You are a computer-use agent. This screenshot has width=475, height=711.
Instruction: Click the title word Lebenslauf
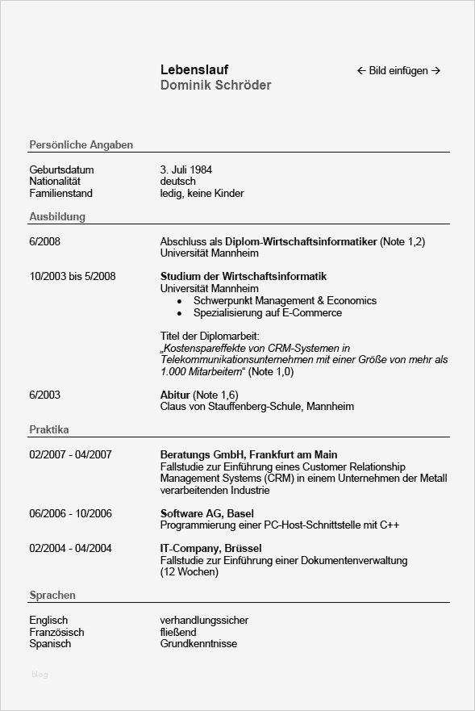coord(194,70)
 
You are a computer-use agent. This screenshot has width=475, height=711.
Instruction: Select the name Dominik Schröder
coord(215,86)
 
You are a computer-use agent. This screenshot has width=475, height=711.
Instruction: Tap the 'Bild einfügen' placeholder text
coord(398,71)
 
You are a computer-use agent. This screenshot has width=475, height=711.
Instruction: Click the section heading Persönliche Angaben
coord(81,145)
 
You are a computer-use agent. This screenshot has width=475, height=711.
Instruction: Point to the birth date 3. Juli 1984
coord(186,170)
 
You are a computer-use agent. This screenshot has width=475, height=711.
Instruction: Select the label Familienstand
coord(60,194)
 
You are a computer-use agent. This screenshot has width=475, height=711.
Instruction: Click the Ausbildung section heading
coord(57,217)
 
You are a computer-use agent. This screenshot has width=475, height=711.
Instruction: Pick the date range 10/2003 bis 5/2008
coord(73,277)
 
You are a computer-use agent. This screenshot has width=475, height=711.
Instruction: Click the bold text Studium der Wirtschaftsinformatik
coord(244,277)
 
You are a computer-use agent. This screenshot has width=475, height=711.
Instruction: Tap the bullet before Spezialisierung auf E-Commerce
coord(179,313)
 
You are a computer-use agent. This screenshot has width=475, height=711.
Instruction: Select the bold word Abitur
coord(175,395)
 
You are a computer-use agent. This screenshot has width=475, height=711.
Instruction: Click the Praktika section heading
coord(49,430)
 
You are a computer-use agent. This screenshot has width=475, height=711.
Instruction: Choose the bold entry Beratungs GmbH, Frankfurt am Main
coord(248,455)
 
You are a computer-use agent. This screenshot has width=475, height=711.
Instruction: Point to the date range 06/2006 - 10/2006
coord(70,514)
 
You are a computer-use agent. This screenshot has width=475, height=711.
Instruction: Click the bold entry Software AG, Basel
coord(206,514)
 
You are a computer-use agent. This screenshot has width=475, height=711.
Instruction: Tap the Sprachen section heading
coord(52,596)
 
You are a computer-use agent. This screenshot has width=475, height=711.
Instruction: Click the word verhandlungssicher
coord(204,621)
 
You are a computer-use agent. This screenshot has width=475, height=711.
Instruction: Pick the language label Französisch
coord(56,633)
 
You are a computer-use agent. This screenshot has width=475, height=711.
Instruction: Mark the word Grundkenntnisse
coord(198,644)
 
